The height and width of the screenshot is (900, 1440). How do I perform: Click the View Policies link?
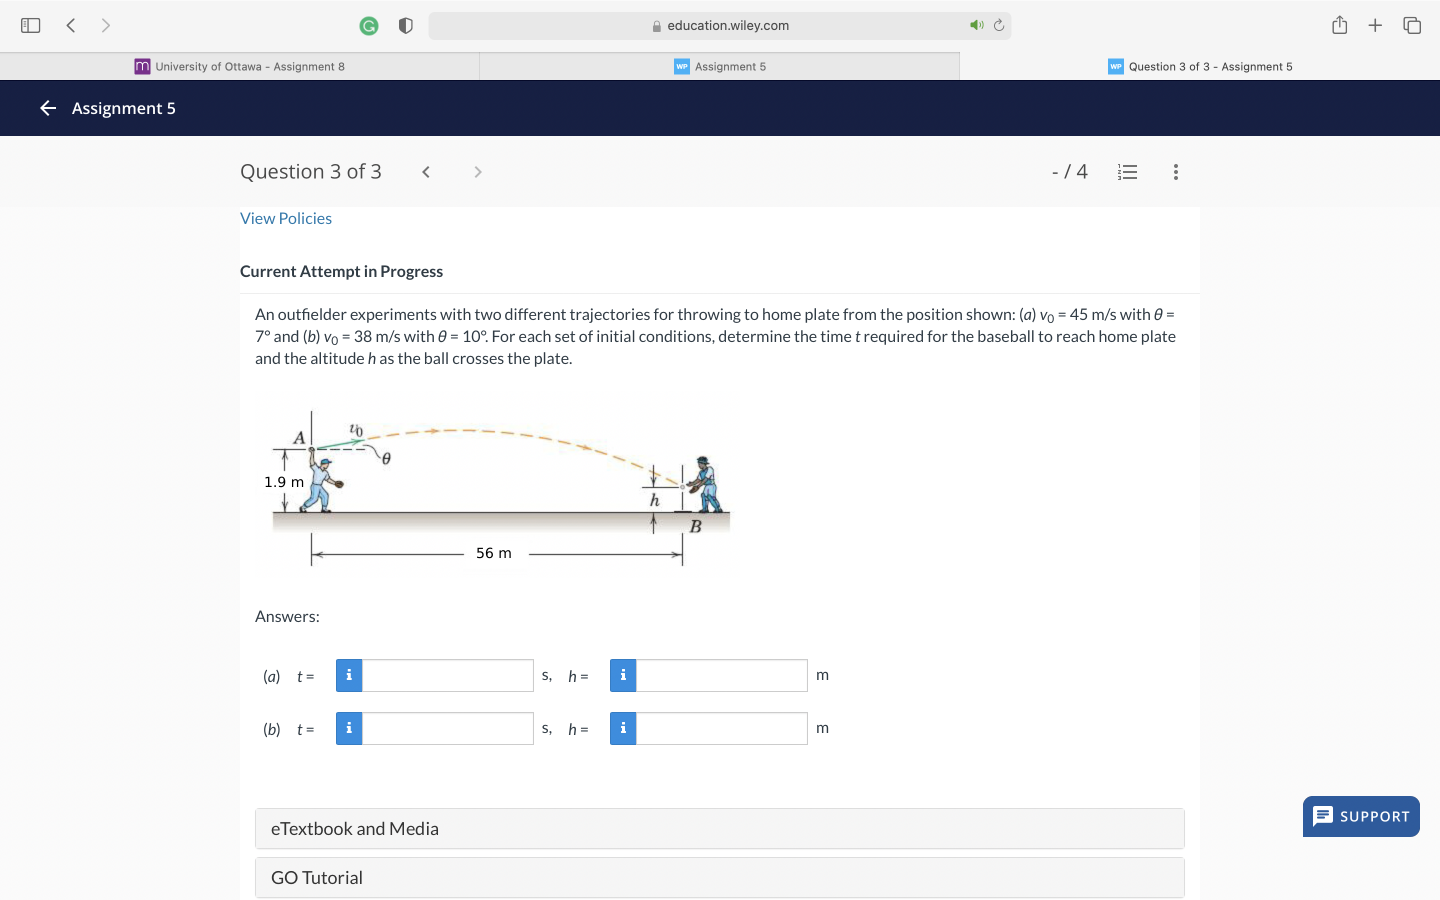click(285, 218)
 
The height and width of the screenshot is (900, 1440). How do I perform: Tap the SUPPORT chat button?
click(1361, 816)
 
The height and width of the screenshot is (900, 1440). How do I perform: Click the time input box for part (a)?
click(447, 675)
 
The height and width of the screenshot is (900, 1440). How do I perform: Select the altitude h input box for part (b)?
click(721, 728)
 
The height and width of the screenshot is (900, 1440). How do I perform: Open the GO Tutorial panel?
click(719, 877)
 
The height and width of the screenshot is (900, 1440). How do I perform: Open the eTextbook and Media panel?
click(719, 828)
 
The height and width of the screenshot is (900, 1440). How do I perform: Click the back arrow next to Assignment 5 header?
click(48, 107)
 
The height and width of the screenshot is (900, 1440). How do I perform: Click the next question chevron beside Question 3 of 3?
click(477, 172)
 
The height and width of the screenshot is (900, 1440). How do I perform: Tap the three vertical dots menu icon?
click(1175, 172)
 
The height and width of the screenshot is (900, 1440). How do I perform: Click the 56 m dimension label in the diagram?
click(493, 553)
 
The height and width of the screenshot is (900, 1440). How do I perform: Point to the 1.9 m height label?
click(284, 481)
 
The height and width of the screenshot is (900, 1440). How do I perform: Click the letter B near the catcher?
click(695, 526)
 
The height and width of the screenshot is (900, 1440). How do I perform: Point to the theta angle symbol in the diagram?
click(386, 458)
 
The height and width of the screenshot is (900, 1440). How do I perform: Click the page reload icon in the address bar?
click(999, 25)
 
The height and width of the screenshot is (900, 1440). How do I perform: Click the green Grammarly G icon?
click(369, 25)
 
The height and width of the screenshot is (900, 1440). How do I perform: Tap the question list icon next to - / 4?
click(1127, 172)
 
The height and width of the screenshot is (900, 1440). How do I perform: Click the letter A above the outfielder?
click(298, 437)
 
